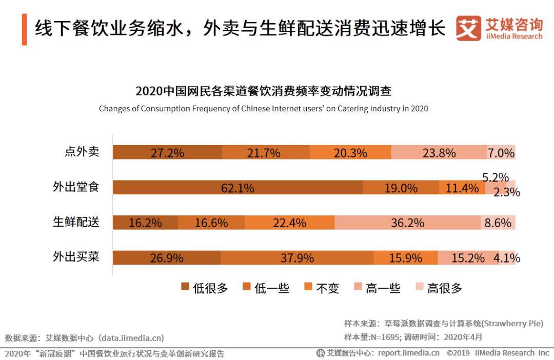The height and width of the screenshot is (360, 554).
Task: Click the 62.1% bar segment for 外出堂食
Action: click(238, 188)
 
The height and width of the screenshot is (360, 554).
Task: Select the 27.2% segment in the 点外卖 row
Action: click(167, 153)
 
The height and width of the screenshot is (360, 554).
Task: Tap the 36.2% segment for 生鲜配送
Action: click(407, 223)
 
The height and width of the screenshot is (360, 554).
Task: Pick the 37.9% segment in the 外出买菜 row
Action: click(297, 258)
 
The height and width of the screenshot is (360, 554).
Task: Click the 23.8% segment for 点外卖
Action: click(439, 153)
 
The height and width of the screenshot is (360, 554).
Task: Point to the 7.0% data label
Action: click(501, 153)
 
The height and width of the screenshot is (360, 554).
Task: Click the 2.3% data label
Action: click(507, 192)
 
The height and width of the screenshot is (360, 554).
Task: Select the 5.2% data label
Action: click(496, 177)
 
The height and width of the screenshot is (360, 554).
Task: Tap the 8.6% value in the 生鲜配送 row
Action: click(498, 223)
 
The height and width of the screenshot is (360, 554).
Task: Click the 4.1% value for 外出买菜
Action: click(507, 258)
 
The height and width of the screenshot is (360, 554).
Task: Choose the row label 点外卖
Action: click(82, 152)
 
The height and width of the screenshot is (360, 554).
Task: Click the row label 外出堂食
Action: click(76, 187)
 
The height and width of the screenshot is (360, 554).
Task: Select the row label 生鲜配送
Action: click(76, 222)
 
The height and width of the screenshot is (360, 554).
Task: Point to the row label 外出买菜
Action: click(76, 256)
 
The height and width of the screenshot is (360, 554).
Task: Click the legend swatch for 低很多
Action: click(185, 287)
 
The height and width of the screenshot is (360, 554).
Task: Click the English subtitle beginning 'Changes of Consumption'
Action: click(263, 109)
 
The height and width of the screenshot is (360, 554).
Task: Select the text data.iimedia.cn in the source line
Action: click(132, 338)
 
